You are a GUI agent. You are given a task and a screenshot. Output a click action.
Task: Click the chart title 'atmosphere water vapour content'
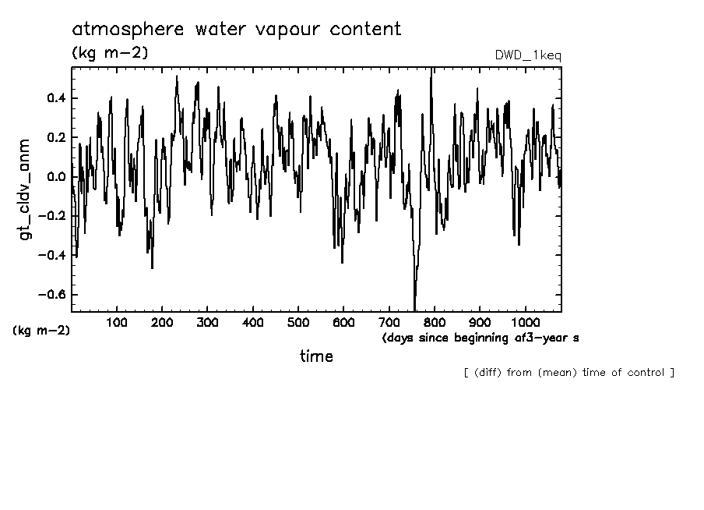coord(237,30)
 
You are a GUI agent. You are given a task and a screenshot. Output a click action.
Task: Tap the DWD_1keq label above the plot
coord(528,55)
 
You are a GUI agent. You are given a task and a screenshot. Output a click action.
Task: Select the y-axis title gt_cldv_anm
coord(25,189)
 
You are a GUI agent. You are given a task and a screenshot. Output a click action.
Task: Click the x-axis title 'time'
coord(317,356)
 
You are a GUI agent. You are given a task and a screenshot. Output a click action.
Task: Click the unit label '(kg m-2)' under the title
coord(110,53)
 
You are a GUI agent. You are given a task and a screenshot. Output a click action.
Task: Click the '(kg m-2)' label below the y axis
coord(42,330)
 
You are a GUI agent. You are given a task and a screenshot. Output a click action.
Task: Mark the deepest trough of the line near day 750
coord(415,309)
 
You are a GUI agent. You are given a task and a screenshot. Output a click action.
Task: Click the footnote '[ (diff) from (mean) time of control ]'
coord(568,373)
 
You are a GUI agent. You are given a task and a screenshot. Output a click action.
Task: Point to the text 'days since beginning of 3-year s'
coord(480,338)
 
